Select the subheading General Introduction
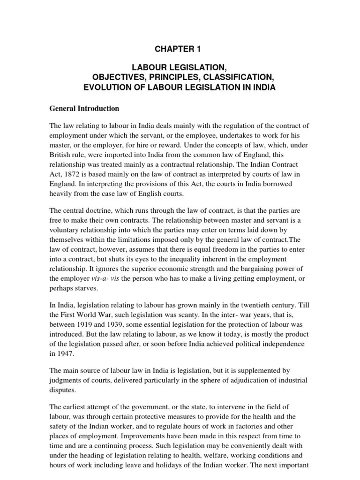pyautogui.click(x=84, y=108)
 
